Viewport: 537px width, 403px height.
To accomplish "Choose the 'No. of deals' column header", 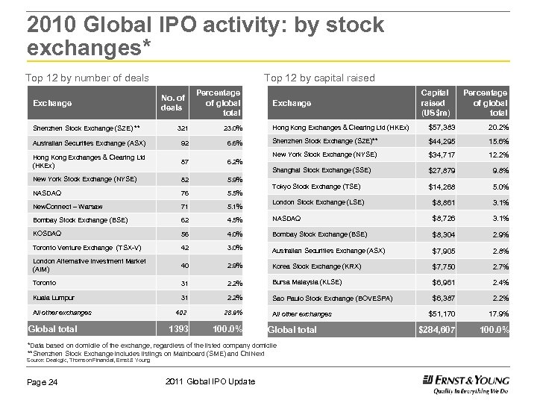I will tap(172, 102).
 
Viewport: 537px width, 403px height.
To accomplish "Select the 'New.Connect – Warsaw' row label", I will tap(68, 207).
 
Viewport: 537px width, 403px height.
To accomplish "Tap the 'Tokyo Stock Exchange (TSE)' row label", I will tap(316, 187).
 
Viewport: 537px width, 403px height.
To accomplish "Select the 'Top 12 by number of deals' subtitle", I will tap(87, 78).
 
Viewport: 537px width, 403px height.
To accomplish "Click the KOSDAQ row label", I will tap(47, 233).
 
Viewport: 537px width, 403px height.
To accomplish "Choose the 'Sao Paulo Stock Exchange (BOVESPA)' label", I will tap(333, 299).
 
